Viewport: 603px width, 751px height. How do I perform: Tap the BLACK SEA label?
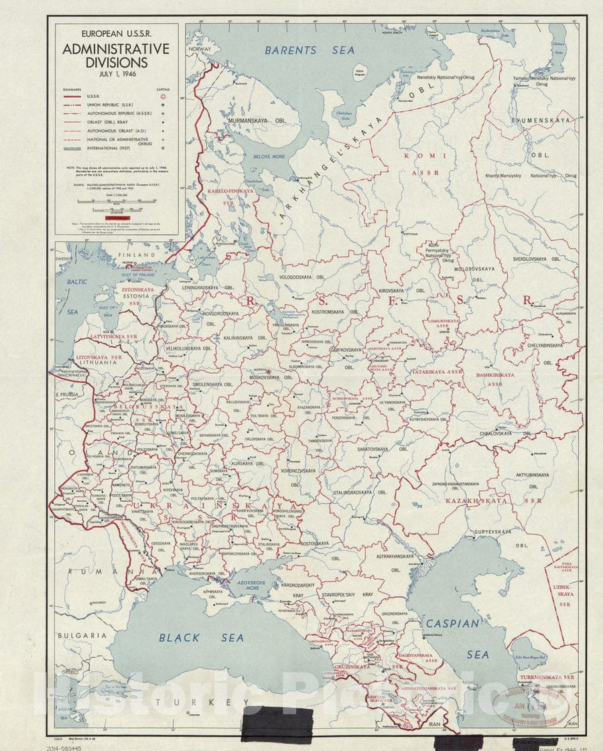click(x=201, y=638)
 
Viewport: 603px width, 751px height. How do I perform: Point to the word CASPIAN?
click(x=452, y=624)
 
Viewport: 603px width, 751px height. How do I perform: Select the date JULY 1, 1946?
click(x=116, y=75)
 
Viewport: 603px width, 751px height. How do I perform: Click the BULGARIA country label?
click(x=82, y=634)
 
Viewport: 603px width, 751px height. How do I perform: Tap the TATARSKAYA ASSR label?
click(x=438, y=372)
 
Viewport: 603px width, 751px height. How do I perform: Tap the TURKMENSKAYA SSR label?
click(x=550, y=677)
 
